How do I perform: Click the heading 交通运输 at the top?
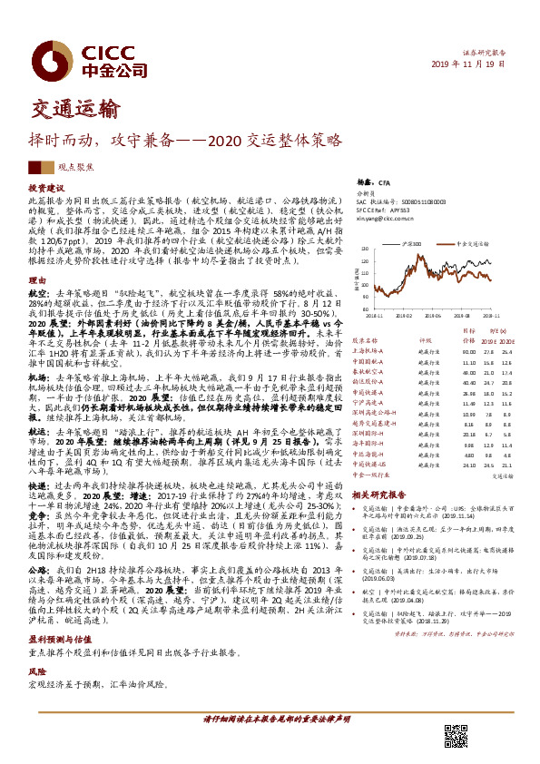click(69, 112)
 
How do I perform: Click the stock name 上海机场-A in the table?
click(369, 351)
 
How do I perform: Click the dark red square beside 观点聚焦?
click(34, 167)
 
